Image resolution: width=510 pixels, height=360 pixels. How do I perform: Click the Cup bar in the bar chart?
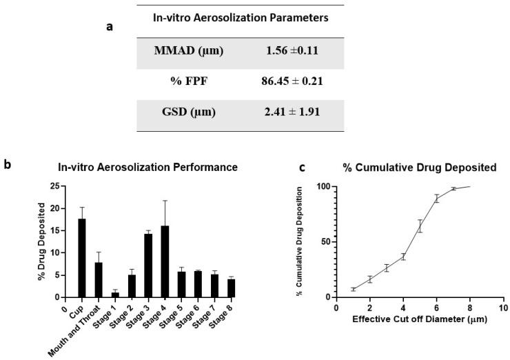point(81,258)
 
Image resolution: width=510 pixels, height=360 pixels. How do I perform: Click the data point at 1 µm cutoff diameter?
point(353,290)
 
